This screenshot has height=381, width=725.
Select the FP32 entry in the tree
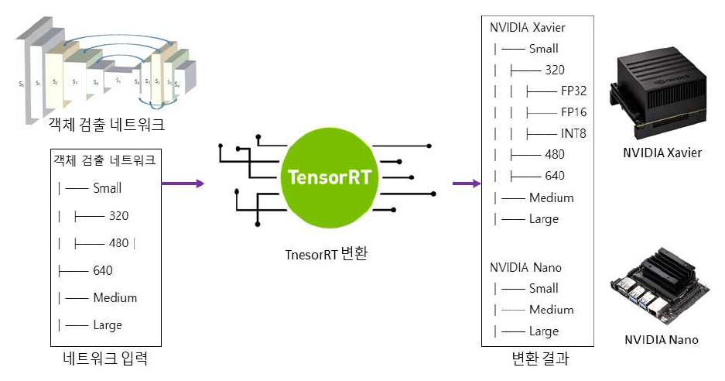[x=573, y=91]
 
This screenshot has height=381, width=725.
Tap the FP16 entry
[x=573, y=112]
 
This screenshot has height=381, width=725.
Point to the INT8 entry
[x=573, y=133]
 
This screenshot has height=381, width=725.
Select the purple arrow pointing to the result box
[x=465, y=184]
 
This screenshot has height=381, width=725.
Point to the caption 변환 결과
[x=534, y=359]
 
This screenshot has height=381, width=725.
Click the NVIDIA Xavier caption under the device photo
[x=662, y=153]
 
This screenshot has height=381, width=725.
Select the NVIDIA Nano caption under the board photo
[x=661, y=339]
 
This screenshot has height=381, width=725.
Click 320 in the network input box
[x=119, y=215]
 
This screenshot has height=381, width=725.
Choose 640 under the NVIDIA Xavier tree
[x=555, y=176]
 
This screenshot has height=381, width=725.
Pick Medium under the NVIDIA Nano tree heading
[x=551, y=310]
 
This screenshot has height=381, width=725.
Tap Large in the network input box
[x=108, y=325]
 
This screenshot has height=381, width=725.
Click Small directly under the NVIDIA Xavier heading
[x=544, y=49]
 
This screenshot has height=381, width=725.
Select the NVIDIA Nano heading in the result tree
[x=525, y=268]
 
